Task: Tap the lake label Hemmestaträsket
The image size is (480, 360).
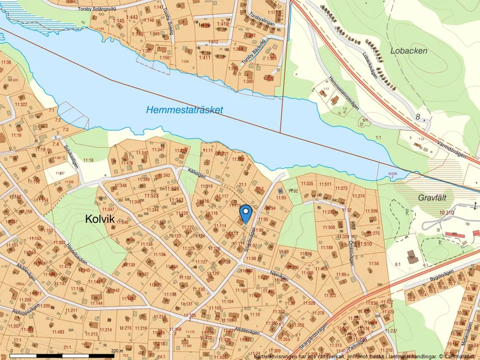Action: pos(184,109)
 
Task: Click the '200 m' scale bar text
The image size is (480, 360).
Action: pos(117,351)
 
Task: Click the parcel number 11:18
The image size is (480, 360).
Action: pos(88,160)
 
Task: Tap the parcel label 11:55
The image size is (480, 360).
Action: pos(374,263)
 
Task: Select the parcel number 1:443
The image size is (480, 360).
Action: pos(133,17)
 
